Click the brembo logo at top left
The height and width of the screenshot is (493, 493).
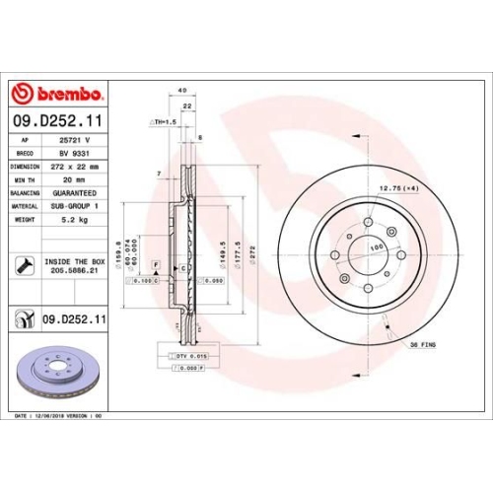pos(56,94)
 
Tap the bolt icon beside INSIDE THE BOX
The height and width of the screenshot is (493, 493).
pos(22,265)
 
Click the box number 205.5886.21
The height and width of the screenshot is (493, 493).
pos(75,272)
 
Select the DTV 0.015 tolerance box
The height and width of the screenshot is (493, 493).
pos(191,355)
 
